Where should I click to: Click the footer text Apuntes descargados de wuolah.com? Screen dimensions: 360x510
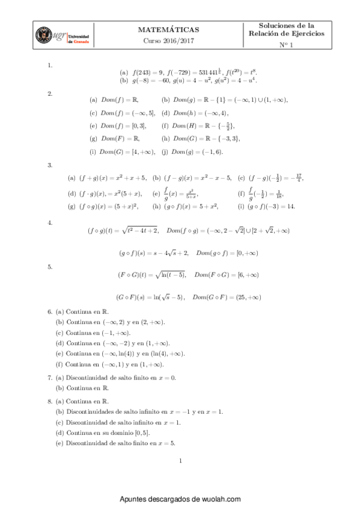point(180,499)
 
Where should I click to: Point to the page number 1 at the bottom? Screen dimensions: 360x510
point(180,461)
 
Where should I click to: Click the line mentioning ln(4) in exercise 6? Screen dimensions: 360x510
point(120,354)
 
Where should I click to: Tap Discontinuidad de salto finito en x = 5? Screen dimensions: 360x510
point(115,443)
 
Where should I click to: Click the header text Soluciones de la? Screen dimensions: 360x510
point(286,25)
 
